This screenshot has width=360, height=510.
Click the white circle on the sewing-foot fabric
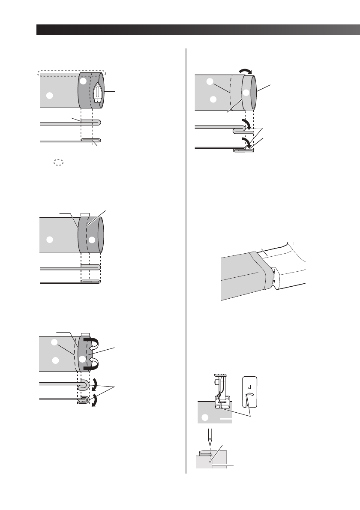click(205, 417)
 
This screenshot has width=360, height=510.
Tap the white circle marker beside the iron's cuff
click(84, 81)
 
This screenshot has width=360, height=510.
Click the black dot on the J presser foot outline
click(246, 395)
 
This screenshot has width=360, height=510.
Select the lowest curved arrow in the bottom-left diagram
click(93, 401)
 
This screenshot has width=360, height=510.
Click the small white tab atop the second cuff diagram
click(84, 214)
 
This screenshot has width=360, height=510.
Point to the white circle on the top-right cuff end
click(246, 93)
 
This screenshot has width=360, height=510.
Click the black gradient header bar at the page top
click(198, 30)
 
